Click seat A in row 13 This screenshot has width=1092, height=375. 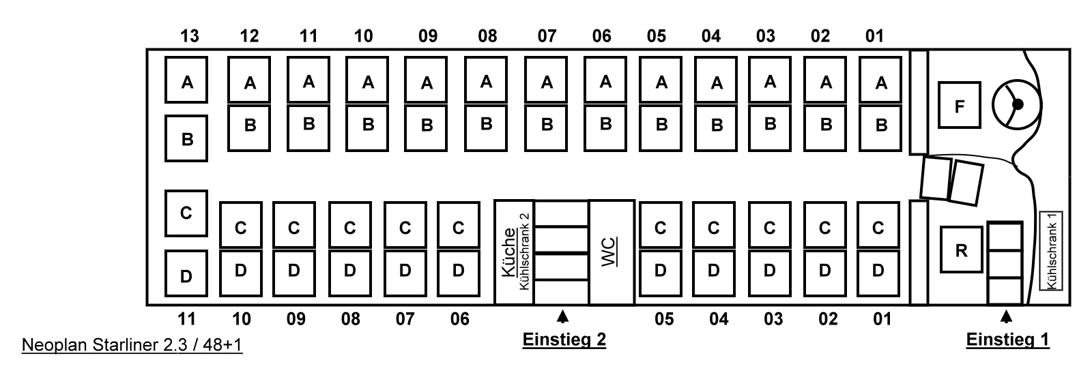coord(186,81)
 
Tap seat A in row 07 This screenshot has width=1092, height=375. coord(547,82)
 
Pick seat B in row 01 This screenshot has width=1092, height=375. coord(881,126)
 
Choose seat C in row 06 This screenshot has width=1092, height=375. coord(458,227)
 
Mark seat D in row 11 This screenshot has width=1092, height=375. coord(186,275)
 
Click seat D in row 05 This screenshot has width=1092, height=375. coord(659,271)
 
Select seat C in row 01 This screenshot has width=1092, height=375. coord(878,227)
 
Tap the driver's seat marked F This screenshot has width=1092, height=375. coord(959,105)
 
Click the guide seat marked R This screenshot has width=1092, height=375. coord(961,250)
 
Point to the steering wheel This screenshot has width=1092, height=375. coord(1016,104)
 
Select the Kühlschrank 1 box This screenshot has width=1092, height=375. coord(1052,250)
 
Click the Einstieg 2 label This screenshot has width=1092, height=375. coord(564,340)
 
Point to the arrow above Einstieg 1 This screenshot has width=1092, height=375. coord(1006,316)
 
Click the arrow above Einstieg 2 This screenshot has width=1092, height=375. coord(562,316)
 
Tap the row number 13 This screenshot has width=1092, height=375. coord(190,35)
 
